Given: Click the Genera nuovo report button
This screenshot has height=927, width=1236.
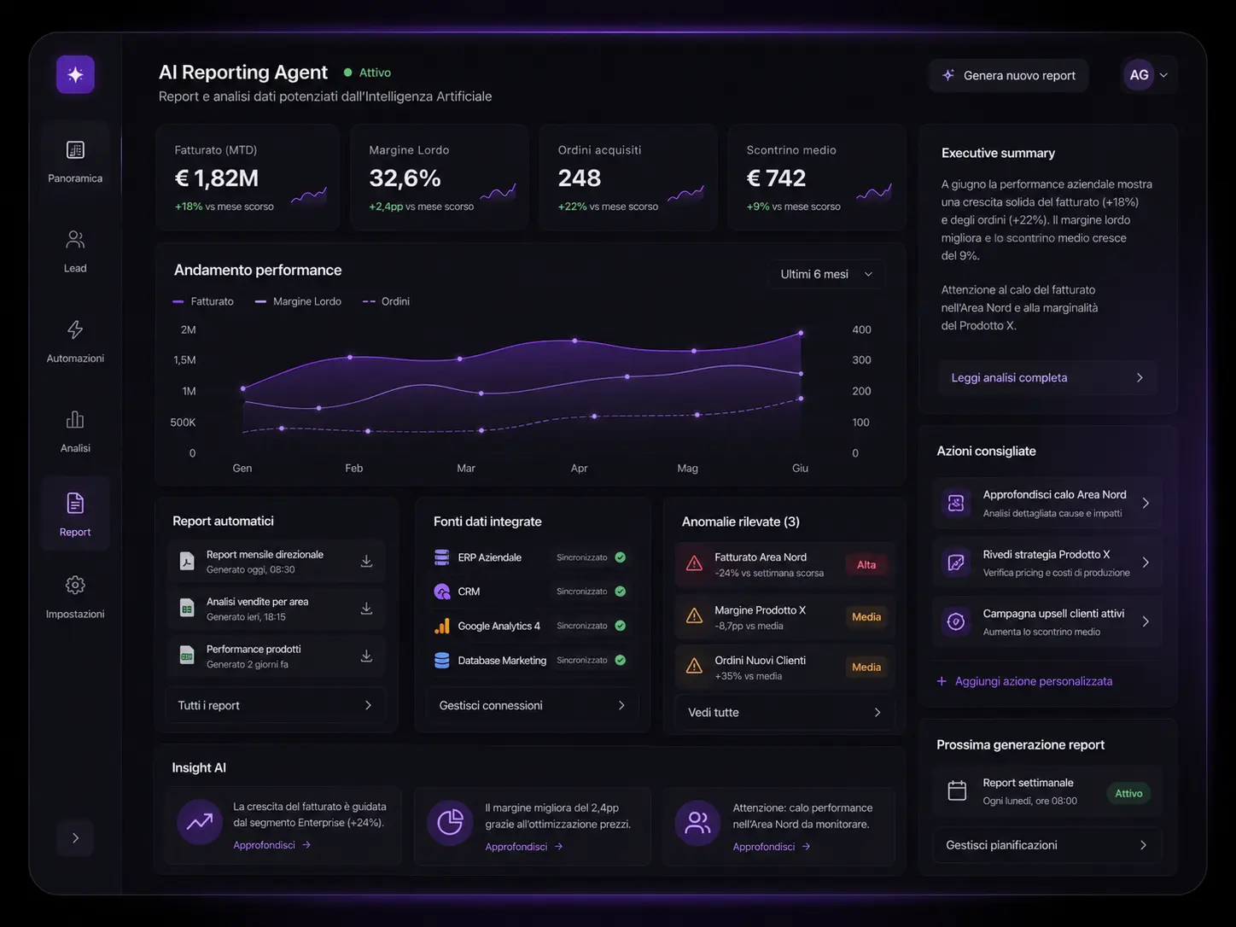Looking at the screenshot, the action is [1008, 75].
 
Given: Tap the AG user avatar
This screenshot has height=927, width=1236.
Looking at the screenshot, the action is [1139, 75].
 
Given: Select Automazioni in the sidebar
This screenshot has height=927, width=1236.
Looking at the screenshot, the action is [75, 341].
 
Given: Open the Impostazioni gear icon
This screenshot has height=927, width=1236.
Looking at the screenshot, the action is [75, 585].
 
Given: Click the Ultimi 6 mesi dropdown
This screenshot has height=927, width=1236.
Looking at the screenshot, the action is [826, 274].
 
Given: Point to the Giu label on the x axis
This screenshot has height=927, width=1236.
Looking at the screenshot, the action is [800, 469].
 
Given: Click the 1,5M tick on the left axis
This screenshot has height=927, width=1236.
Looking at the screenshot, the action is [184, 360].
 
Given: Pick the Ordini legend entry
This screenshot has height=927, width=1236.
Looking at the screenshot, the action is [387, 301].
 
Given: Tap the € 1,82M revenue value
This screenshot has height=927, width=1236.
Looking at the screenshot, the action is [216, 178].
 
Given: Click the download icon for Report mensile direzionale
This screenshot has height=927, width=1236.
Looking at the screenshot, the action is [366, 561].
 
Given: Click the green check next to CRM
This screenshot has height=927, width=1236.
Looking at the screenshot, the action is [620, 592].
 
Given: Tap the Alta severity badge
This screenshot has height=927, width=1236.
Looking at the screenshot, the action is [866, 564].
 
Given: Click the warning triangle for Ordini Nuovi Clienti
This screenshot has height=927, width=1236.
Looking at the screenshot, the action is [694, 666].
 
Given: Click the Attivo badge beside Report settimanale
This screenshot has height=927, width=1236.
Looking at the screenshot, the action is [1128, 793].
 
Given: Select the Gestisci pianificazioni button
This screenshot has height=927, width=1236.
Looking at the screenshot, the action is [1047, 845].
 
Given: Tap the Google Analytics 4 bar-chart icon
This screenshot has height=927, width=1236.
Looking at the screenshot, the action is [442, 626].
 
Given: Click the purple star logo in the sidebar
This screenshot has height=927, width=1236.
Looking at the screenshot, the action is [75, 74].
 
